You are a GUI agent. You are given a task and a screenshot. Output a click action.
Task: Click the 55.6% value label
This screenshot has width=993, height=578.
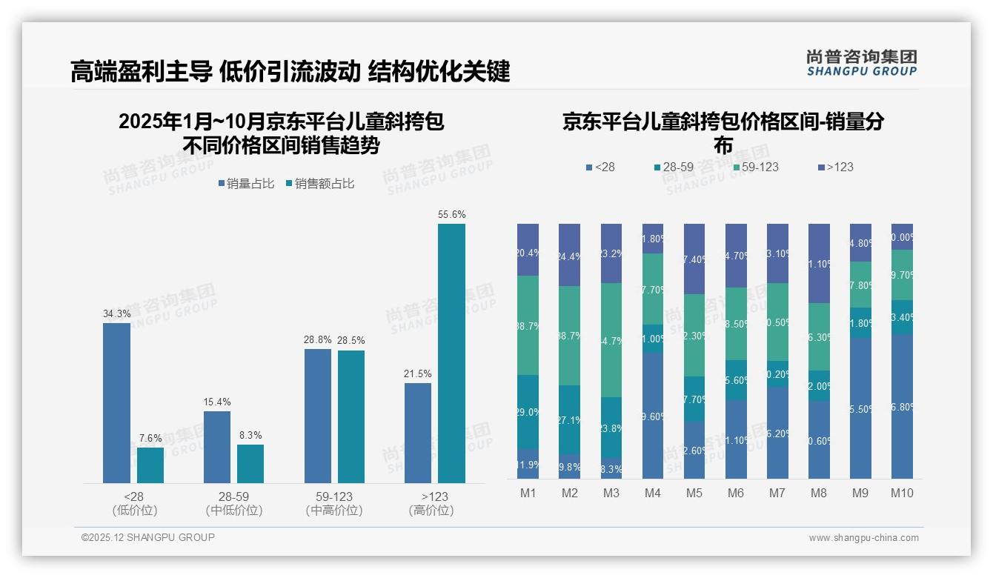451,215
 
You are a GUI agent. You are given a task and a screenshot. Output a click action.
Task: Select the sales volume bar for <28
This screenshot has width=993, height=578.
116,403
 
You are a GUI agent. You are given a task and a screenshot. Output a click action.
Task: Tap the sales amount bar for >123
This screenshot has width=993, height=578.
451,353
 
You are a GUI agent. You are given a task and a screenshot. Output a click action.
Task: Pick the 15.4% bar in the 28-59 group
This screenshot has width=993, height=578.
217,447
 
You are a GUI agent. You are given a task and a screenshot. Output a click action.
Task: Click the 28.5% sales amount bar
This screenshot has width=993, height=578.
351,416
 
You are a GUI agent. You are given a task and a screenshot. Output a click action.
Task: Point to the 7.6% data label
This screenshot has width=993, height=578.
150,439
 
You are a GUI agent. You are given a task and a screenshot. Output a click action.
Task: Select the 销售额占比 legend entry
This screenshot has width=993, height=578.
320,184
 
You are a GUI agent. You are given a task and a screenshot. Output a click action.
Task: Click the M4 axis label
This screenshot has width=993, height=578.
653,493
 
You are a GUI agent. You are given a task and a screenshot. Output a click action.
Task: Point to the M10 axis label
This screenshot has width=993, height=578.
902,493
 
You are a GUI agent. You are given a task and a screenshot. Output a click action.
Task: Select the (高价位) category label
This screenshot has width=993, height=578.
431,511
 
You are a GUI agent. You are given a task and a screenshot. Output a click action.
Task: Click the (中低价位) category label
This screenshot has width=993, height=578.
234,511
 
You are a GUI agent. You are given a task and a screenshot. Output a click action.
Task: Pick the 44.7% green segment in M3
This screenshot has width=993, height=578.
611,340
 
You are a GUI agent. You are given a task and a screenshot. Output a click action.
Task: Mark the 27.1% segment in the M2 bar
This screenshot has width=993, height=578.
570,419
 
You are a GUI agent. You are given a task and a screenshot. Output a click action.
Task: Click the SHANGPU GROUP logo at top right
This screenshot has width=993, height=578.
861,63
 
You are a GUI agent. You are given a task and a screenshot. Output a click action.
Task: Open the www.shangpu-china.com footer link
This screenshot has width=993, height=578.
863,538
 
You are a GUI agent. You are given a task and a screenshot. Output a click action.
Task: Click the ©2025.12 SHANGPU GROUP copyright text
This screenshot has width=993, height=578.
148,537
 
